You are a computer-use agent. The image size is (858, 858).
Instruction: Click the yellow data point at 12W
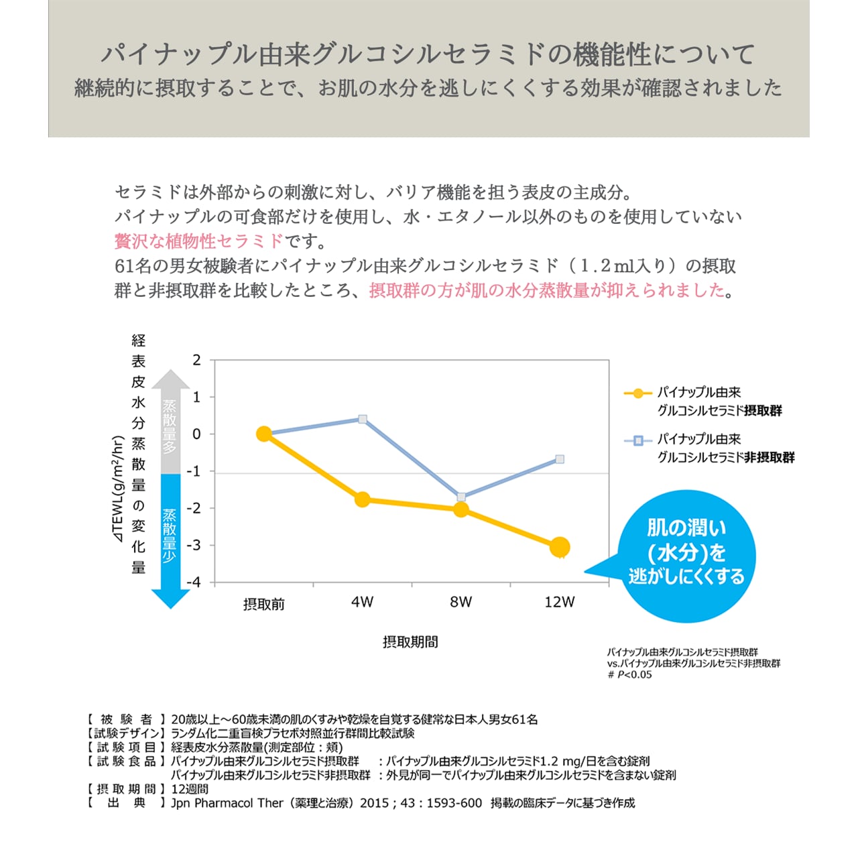560,547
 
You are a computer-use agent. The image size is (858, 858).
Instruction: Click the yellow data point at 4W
363,499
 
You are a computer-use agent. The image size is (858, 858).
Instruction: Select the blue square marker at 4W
363,419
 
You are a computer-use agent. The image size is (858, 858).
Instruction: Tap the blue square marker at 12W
560,459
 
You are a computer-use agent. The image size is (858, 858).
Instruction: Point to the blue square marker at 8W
461,497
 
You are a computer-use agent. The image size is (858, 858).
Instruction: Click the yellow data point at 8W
461,509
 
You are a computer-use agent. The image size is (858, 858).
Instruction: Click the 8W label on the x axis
461,602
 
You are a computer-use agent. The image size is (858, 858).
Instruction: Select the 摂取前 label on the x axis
264,604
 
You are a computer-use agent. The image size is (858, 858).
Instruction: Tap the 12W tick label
560,602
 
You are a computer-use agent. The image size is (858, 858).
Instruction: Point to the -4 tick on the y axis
193,583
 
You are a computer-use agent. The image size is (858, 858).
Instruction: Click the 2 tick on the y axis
196,360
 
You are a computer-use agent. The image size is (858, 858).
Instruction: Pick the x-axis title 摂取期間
410,642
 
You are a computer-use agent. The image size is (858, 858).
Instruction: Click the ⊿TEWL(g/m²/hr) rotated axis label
118,489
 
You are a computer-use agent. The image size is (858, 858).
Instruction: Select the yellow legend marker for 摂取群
638,393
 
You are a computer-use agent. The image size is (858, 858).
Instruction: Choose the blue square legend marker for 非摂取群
638,440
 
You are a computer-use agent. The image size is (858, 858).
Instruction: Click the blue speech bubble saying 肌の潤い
686,555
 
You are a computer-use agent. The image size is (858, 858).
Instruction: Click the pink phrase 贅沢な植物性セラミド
199,241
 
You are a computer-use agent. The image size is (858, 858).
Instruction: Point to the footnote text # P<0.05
630,675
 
